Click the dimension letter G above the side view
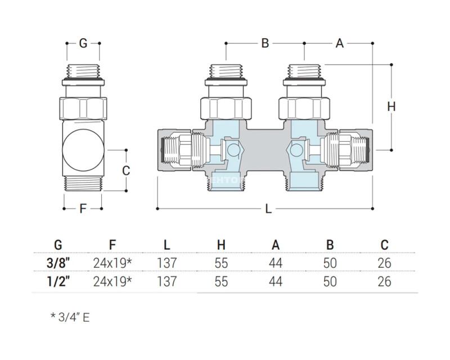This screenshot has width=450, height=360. (83, 43)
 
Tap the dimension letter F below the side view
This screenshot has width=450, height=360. (83, 209)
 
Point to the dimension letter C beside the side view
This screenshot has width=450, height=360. (126, 170)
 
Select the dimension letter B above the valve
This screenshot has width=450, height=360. (265, 43)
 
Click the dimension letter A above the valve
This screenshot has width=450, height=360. (339, 43)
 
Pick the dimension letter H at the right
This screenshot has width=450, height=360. (392, 106)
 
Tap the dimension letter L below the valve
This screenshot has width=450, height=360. (268, 209)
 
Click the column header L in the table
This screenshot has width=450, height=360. (167, 245)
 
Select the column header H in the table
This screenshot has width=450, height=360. (221, 245)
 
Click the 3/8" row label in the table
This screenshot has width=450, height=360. (58, 263)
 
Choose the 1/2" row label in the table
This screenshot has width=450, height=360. (58, 281)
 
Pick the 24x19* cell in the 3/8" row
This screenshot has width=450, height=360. (112, 263)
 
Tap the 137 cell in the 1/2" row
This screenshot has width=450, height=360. (167, 281)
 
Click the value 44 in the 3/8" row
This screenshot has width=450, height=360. (275, 263)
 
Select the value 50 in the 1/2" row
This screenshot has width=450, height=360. (330, 281)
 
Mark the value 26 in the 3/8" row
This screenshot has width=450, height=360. (384, 263)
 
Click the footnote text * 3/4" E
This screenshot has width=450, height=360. (70, 317)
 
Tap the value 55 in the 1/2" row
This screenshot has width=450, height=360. (221, 281)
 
